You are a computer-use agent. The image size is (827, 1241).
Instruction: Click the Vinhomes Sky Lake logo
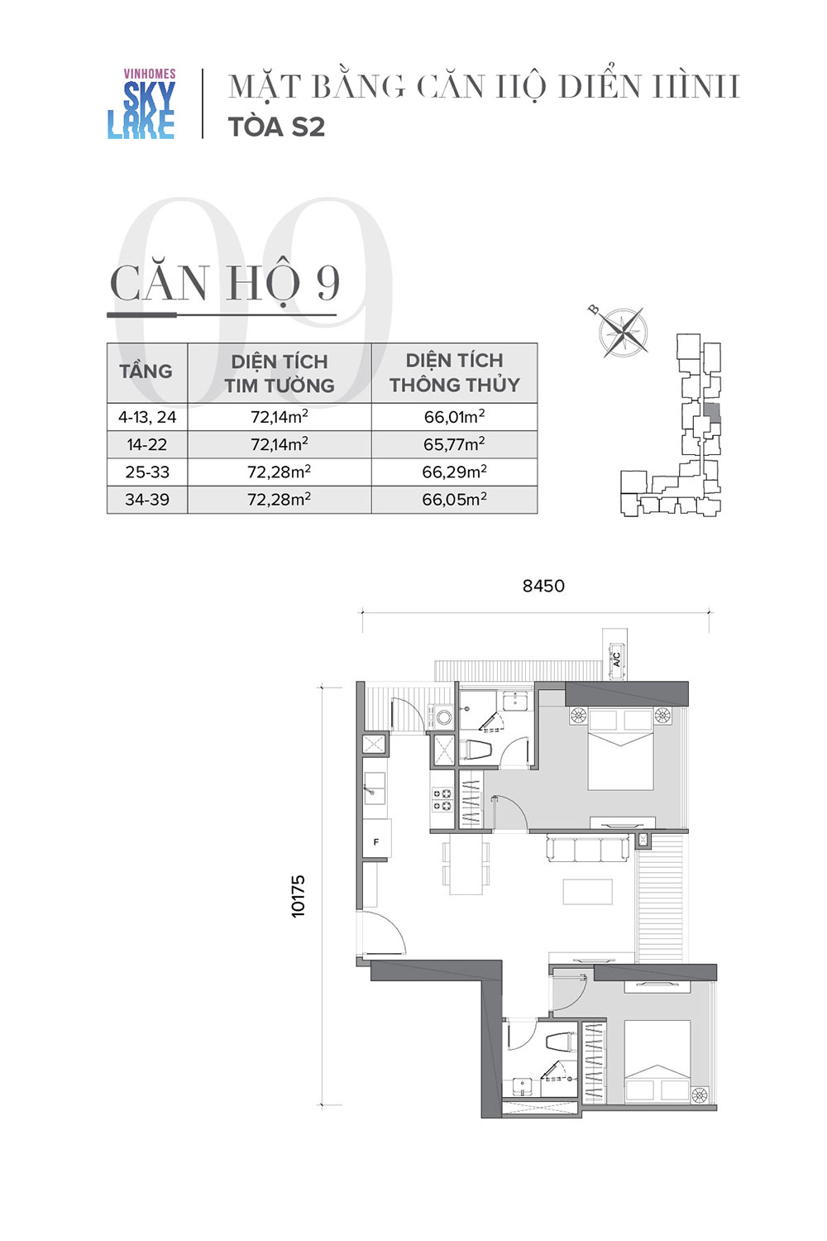click(141, 103)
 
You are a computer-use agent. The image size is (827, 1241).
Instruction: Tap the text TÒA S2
click(276, 127)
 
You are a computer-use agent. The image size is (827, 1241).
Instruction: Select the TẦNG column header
click(146, 371)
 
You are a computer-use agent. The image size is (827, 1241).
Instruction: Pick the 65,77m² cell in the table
click(454, 443)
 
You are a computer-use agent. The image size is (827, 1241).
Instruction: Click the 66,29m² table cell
click(454, 472)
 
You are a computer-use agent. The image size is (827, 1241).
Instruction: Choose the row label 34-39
click(147, 499)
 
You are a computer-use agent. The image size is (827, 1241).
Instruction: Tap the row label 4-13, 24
click(147, 417)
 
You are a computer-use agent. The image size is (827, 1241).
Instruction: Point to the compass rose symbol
click(624, 333)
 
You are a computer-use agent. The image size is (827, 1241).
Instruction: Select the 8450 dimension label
click(543, 586)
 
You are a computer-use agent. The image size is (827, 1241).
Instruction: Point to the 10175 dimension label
click(298, 896)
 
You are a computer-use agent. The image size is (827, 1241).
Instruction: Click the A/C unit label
click(616, 659)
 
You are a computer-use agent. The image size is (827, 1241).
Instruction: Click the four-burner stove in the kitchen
click(442, 800)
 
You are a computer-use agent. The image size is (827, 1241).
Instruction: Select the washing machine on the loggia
click(442, 717)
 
